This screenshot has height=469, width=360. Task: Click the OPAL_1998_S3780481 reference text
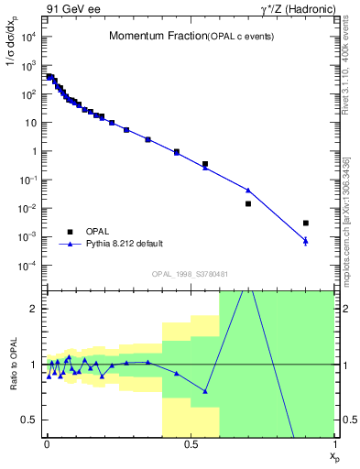point(189,274)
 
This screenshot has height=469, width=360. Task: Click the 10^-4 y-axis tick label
point(27,266)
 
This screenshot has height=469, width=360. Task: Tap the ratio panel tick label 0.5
point(31,420)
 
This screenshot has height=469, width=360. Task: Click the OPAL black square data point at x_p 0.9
point(305,223)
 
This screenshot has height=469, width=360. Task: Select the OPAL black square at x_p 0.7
point(248,203)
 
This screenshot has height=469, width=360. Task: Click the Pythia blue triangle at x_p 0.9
point(305,240)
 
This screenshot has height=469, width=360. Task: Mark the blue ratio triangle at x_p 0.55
point(205,391)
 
